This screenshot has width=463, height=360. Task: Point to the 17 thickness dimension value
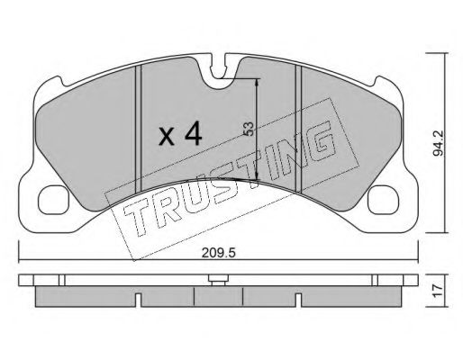439,291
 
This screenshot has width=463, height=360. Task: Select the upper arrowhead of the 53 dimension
259,82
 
